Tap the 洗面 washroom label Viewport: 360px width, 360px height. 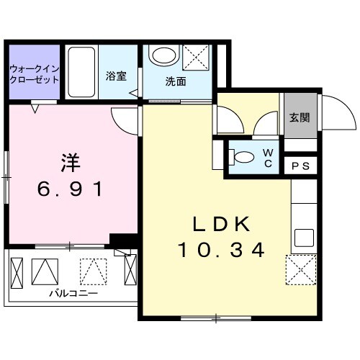[x=176, y=81]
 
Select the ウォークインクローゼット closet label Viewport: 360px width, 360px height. [x=34, y=75]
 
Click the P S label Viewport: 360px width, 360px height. [x=301, y=166]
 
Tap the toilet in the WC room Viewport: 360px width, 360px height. [x=243, y=156]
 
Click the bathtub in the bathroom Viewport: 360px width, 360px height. [x=81, y=72]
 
